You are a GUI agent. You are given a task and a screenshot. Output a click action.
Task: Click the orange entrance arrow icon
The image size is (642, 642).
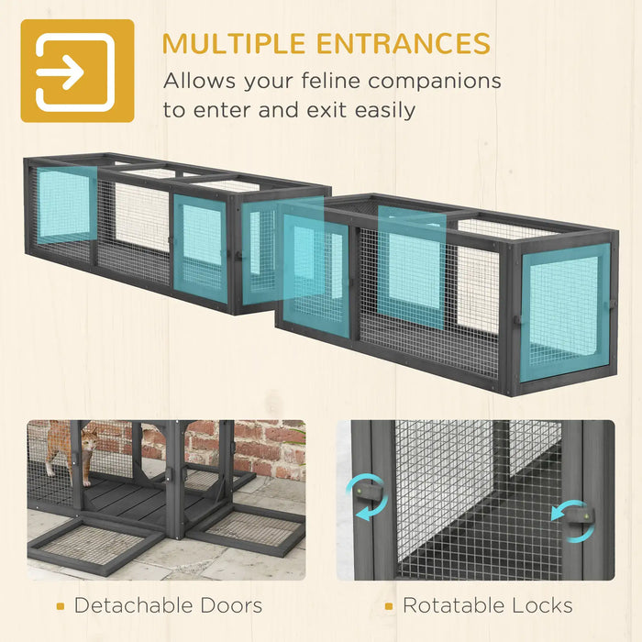coord(77,71)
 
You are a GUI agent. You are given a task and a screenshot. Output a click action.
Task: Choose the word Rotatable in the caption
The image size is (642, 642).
coord(448,605)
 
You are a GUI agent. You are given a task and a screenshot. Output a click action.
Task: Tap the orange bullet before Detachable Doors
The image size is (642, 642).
coord(60,606)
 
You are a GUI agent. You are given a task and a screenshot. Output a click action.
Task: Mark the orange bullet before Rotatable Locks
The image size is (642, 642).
coord(389,606)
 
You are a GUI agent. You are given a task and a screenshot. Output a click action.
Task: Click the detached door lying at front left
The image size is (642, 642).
coord(92,546)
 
